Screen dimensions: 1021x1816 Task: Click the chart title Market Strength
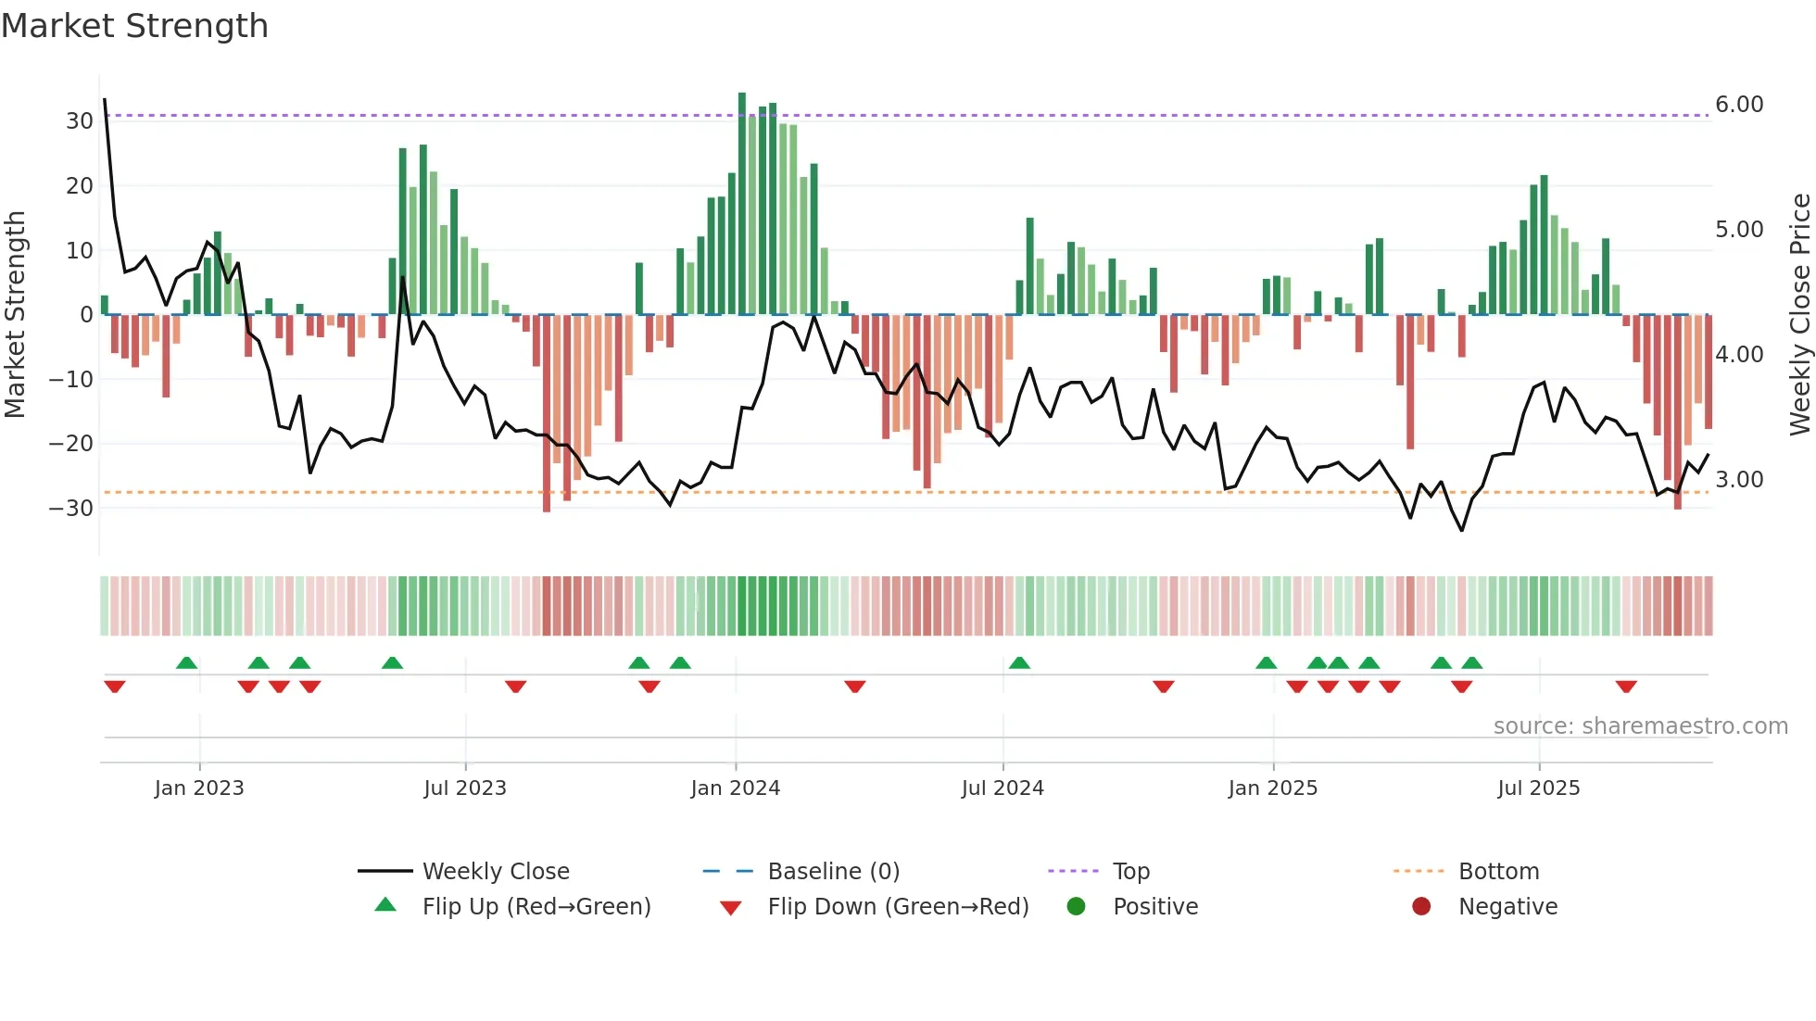coord(134,26)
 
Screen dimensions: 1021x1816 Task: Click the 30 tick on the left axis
coord(79,121)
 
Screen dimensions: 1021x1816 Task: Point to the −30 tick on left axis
coord(71,509)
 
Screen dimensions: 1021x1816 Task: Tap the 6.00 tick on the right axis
coord(1739,105)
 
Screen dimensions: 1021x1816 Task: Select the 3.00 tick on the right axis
coord(1739,480)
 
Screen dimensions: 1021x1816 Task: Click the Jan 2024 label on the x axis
coord(735,788)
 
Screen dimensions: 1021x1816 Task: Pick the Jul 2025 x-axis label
coord(1538,788)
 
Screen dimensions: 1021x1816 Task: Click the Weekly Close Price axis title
coord(1799,315)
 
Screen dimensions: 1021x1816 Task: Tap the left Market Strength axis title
coord(15,315)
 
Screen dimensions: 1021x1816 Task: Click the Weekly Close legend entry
coord(496,872)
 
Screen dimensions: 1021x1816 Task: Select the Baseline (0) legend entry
coord(833,872)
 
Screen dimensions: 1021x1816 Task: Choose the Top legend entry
coord(1130,872)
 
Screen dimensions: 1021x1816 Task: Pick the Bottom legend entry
coord(1498,872)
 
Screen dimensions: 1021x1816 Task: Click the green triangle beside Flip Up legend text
coord(385,905)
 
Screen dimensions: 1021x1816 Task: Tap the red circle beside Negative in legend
coord(1421,906)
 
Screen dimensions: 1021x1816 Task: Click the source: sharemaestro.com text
coord(1640,726)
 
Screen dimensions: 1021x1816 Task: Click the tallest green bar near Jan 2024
coord(742,204)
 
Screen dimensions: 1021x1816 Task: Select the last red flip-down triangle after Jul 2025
coord(1626,687)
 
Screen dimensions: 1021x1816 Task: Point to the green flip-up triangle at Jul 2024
coord(1019,662)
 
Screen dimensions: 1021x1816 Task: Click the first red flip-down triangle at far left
coord(115,687)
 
